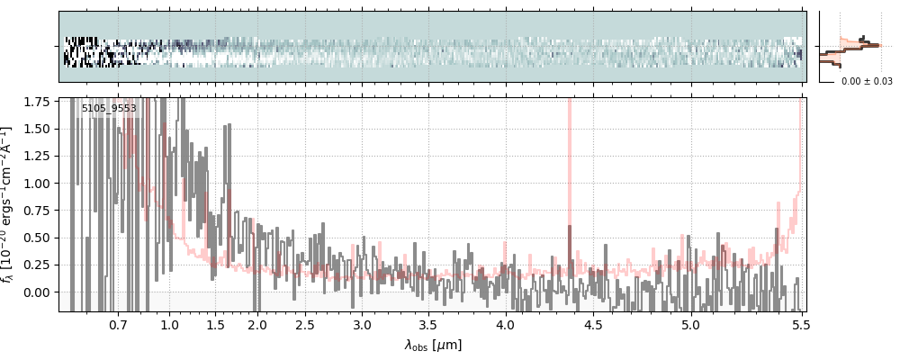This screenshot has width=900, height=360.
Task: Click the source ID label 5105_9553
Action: click(x=109, y=109)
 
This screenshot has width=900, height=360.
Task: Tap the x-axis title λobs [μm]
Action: click(x=433, y=345)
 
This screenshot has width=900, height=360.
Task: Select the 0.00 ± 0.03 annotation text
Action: click(x=867, y=81)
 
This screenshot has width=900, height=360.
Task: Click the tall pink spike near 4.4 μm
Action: click(x=570, y=162)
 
